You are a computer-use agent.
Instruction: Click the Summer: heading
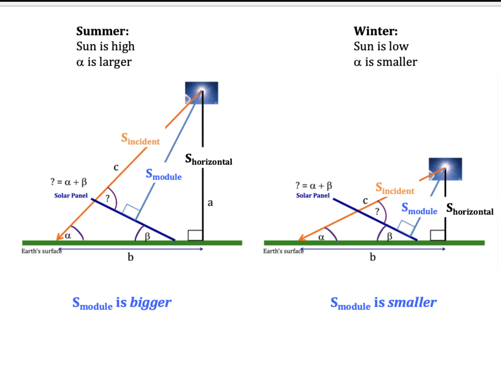[x=103, y=31]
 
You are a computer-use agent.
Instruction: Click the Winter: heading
[x=376, y=31]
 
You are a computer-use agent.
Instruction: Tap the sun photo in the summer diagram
[x=202, y=93]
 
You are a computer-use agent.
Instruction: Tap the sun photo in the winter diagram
[x=445, y=169]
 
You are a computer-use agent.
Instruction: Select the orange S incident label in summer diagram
[x=140, y=139]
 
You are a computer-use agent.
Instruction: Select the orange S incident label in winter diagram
[x=395, y=188]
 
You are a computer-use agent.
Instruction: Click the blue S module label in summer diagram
[x=163, y=174]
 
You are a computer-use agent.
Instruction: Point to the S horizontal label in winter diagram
[x=470, y=209]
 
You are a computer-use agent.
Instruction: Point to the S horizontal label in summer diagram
[x=208, y=159]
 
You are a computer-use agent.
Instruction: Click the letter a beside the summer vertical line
[x=210, y=203]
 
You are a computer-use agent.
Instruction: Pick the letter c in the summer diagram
[x=116, y=167]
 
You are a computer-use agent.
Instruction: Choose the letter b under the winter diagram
[x=373, y=257]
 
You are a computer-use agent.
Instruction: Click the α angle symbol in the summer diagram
[x=68, y=236]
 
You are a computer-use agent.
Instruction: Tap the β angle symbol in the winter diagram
[x=389, y=236]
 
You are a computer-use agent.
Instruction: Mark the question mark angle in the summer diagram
[x=107, y=198]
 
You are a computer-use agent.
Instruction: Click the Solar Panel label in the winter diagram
[x=313, y=195]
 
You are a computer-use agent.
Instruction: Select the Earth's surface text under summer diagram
[x=42, y=251]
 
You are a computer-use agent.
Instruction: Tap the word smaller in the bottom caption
[x=412, y=302]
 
